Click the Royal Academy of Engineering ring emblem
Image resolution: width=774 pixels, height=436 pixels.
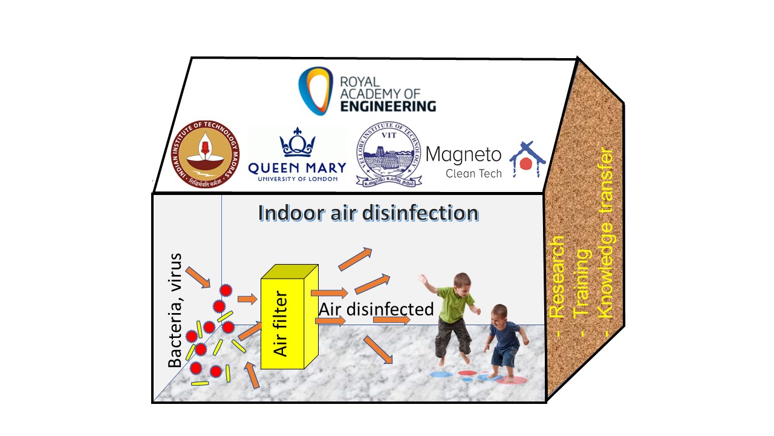(x=316, y=90)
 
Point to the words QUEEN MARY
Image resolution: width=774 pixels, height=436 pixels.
(x=298, y=168)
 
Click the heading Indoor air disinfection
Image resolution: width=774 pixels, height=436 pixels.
(x=368, y=213)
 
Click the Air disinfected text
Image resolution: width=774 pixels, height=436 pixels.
(x=376, y=309)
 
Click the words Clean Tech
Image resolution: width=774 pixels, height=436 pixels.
(x=473, y=173)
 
